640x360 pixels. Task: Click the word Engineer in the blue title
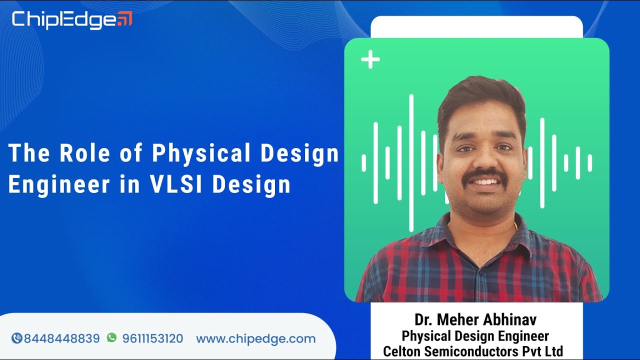click(x=58, y=184)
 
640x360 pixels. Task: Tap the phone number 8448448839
click(x=62, y=338)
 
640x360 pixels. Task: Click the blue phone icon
click(x=16, y=338)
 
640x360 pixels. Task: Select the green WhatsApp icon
click(x=111, y=338)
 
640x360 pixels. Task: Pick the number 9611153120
click(x=152, y=338)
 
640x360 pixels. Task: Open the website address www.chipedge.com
click(x=255, y=338)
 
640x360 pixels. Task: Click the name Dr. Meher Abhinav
click(x=475, y=320)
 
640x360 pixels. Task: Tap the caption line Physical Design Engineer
click(x=475, y=336)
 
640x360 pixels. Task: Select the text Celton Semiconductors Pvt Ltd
click(x=473, y=351)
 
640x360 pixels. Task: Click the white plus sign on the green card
click(x=370, y=60)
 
